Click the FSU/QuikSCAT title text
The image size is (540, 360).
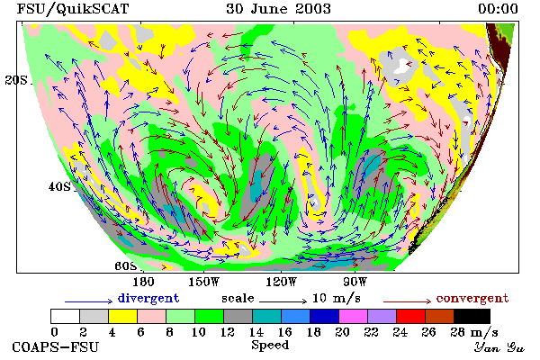click(73, 9)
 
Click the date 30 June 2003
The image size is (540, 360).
click(278, 9)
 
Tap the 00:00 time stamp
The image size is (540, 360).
click(498, 9)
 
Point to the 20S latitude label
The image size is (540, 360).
click(16, 80)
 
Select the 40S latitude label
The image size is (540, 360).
click(59, 186)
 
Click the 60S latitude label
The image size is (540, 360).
click(126, 265)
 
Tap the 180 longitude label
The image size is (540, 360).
click(143, 282)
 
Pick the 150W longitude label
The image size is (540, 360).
click(204, 282)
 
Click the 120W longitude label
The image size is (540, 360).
click(281, 282)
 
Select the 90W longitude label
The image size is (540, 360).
click(355, 282)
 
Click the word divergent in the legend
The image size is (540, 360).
click(148, 298)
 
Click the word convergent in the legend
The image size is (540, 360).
click(472, 298)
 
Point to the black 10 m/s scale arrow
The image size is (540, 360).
click(283, 301)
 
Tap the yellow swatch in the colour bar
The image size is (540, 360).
click(123, 316)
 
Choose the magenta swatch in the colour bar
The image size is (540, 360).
click(354, 316)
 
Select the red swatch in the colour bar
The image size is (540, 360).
click(411, 316)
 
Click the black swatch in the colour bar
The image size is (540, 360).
click(472, 316)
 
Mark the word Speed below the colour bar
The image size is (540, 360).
click(270, 346)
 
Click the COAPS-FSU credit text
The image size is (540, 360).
click(56, 346)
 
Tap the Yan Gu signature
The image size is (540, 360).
click(499, 347)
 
